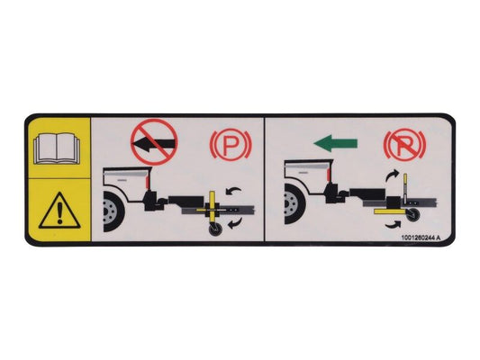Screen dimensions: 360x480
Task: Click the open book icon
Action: [59, 147]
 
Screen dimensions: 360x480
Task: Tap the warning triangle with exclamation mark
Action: [59, 212]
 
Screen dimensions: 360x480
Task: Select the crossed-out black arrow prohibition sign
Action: [154, 141]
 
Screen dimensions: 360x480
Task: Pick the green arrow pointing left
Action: [335, 142]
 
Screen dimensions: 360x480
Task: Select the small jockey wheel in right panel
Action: [413, 216]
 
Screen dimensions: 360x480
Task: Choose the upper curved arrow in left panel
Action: [233, 190]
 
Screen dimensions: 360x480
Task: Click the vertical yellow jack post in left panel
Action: [213, 208]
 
